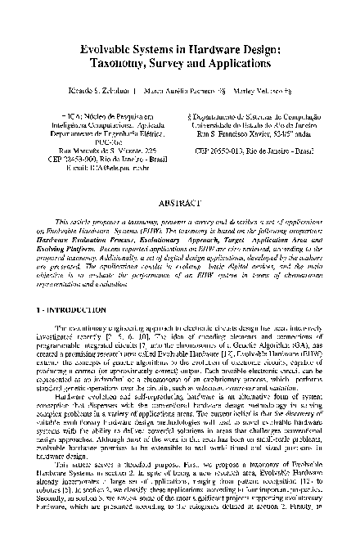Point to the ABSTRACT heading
click(x=180, y=199)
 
